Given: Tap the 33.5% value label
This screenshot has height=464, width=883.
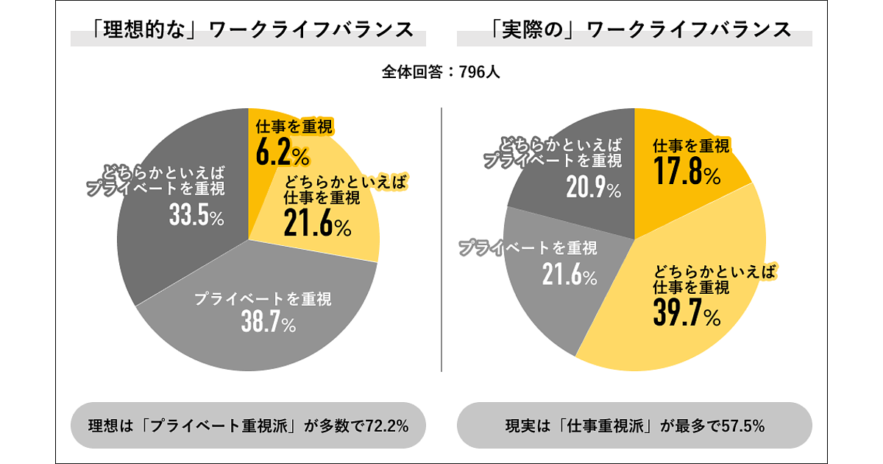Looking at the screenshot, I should pyautogui.click(x=196, y=216).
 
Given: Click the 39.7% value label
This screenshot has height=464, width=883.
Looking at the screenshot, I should pyautogui.click(x=686, y=312).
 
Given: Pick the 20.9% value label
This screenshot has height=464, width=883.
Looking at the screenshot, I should pyautogui.click(x=593, y=189).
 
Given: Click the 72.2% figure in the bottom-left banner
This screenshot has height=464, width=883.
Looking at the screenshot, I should pyautogui.click(x=383, y=426).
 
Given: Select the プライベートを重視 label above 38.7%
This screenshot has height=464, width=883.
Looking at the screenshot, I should pyautogui.click(x=263, y=299).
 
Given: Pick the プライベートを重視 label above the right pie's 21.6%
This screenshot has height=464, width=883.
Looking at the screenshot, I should pyautogui.click(x=528, y=247).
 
